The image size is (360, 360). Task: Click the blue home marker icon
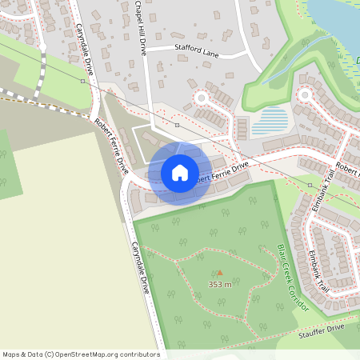coord(179,173)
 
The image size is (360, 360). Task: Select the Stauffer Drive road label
coord(323,330)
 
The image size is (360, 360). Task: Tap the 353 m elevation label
coord(219,284)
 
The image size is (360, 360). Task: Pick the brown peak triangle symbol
coord(220,273)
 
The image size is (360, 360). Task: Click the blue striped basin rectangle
coord(270,123)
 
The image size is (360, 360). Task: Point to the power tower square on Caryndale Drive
coord(82,81)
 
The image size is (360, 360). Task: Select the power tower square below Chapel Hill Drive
coord(177,125)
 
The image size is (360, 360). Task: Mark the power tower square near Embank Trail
coord(310,185)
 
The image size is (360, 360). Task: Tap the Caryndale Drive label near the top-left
coord(85,48)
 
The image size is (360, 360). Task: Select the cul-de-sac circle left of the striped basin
coord(201,98)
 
